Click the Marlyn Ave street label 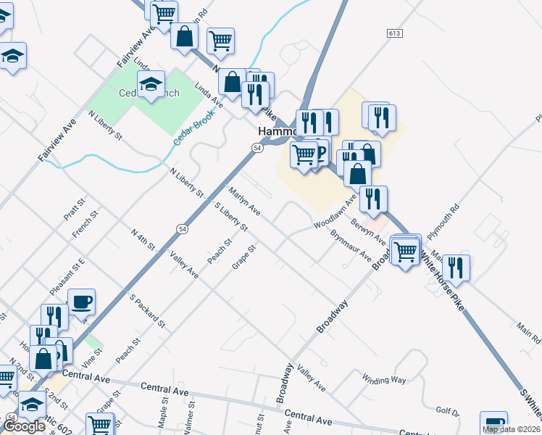pos(244,201)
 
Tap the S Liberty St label pos(231,217)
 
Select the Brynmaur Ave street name pos(351,246)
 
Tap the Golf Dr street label pos(448,411)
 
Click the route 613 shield pos(395,34)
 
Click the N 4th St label pos(143,239)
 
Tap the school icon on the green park pos(151,85)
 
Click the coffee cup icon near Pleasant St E pos(81,301)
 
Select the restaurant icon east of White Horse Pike pos(456,268)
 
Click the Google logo pos(24,426)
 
